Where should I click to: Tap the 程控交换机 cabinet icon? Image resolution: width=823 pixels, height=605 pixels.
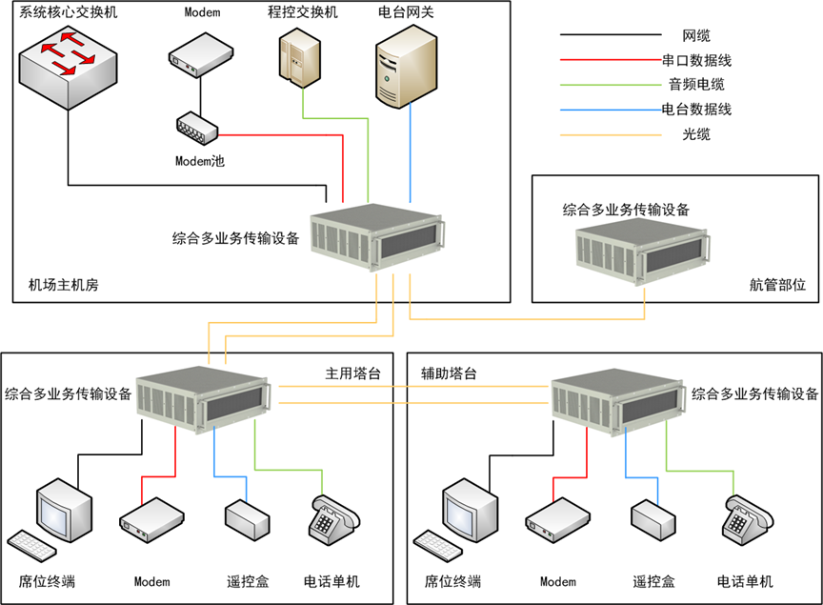pyautogui.click(x=297, y=56)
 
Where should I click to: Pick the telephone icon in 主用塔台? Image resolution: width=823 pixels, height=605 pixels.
pyautogui.click(x=333, y=521)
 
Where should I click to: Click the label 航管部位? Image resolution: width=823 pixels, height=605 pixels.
pyautogui.click(x=777, y=284)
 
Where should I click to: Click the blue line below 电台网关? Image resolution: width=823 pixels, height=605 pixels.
pyautogui.click(x=411, y=152)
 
